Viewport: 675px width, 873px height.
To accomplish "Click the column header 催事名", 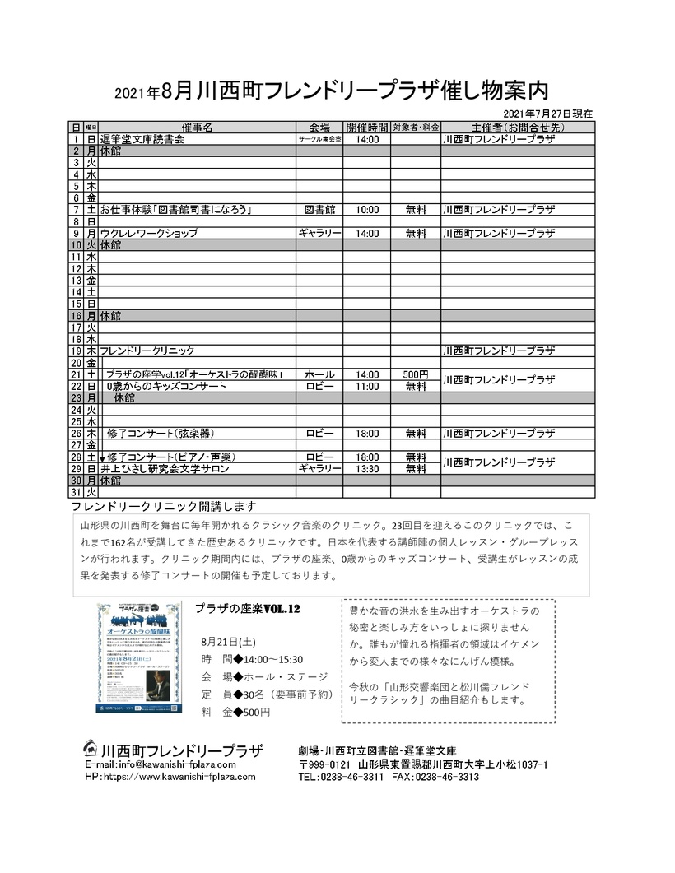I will point(197,128).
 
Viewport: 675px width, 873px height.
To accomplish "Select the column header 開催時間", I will point(367,128).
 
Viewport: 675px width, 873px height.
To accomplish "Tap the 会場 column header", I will point(319,128).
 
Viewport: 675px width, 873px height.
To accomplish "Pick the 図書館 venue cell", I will point(319,210).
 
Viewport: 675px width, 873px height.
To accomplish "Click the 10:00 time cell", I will point(367,210).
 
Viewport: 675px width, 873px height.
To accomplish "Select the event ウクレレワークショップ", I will point(149,233).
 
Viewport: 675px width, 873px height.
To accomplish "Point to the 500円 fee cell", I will point(416,374).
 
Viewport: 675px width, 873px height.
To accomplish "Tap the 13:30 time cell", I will point(367,468).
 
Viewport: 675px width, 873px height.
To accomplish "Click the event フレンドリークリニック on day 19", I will point(147,351).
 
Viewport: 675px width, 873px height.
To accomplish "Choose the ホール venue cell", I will point(319,374).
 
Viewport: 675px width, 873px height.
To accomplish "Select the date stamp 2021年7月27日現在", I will point(547,114).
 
